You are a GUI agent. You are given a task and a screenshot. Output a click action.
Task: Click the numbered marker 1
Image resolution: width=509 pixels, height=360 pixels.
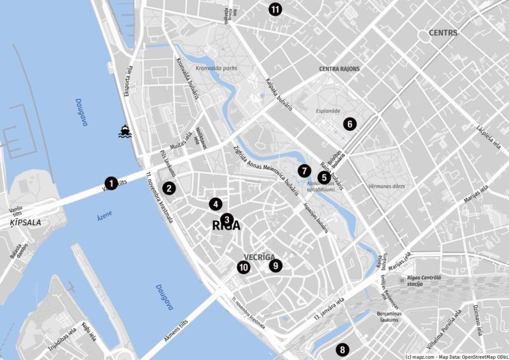pyautogui.click(x=111, y=183)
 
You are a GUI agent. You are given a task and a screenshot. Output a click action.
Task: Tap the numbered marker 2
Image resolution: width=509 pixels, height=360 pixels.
pyautogui.click(x=169, y=188)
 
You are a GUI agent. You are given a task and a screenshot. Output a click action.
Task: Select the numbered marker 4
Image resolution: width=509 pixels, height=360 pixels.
pyautogui.click(x=216, y=204)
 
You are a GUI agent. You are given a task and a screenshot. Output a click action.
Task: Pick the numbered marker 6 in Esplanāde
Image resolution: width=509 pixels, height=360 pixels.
pyautogui.click(x=349, y=124)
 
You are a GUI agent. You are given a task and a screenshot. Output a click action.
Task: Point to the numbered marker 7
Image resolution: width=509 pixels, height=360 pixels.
pyautogui.click(x=304, y=170)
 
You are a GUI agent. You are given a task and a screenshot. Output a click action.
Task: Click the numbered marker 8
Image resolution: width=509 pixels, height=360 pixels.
pyautogui.click(x=342, y=349)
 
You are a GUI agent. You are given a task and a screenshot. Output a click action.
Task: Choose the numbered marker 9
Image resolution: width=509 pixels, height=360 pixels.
pyautogui.click(x=275, y=265)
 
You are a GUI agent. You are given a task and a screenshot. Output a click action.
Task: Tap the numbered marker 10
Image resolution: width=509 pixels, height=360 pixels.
pyautogui.click(x=243, y=268)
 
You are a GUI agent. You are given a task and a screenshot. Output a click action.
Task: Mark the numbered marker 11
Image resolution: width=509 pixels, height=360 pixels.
pyautogui.click(x=275, y=9)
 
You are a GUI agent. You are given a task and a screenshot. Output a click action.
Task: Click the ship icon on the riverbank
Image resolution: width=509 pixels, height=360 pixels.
pyautogui.click(x=125, y=132)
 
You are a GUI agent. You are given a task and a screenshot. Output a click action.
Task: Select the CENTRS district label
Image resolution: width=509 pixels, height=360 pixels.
pyautogui.click(x=443, y=32)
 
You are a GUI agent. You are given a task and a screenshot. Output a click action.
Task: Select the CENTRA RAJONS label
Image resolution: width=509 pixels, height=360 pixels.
pyautogui.click(x=339, y=69)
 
